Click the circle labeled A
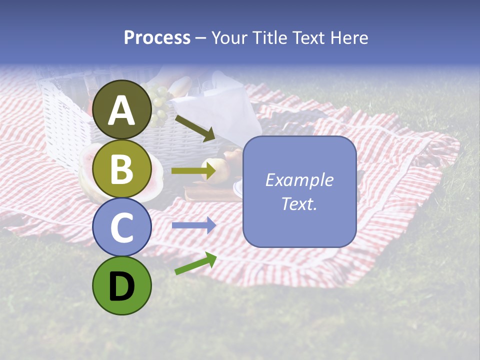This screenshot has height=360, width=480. pyautogui.click(x=122, y=109)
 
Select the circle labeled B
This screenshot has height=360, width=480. pyautogui.click(x=122, y=168)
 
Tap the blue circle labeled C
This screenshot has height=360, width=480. pyautogui.click(x=122, y=227)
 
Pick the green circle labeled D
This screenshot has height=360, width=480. pyautogui.click(x=122, y=285)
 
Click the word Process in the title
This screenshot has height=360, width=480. pyautogui.click(x=157, y=38)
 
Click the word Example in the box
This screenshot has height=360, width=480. pyautogui.click(x=299, y=180)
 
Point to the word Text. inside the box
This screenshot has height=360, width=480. pyautogui.click(x=299, y=203)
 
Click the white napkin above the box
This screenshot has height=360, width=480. pyautogui.click(x=220, y=105)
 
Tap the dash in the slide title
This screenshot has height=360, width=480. pyautogui.click(x=200, y=38)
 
